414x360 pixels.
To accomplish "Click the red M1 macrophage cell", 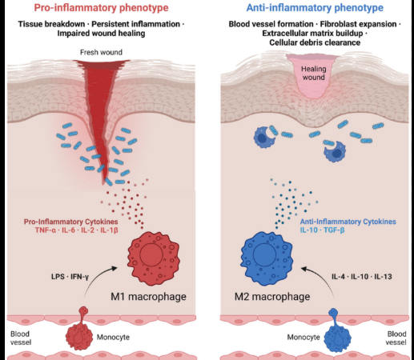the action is (x=154, y=258).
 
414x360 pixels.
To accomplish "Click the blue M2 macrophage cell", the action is (x=267, y=258).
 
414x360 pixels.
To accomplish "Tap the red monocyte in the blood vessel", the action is (x=79, y=330).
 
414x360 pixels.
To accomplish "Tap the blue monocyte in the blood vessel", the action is (x=337, y=331).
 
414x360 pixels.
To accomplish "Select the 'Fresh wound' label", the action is (x=101, y=52).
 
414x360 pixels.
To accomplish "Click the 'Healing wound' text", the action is (x=314, y=73).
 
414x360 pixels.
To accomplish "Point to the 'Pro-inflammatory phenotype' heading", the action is (x=101, y=7).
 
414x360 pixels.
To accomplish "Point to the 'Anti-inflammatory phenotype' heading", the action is (x=315, y=7).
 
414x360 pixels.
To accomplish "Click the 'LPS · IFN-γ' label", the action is (x=70, y=277).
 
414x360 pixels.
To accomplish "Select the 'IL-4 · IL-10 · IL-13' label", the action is (x=362, y=277).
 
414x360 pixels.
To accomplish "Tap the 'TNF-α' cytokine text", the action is (x=46, y=230).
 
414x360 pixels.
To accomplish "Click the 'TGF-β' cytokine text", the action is (x=334, y=230).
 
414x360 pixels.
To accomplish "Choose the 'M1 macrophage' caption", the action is (x=148, y=297).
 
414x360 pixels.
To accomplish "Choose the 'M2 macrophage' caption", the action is (x=272, y=297).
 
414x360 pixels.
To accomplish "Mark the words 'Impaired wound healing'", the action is (x=101, y=34).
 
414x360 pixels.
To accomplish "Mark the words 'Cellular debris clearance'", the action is (x=315, y=42).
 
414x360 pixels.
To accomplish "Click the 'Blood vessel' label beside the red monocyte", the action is (x=21, y=338).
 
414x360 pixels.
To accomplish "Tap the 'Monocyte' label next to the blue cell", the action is (x=303, y=338).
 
